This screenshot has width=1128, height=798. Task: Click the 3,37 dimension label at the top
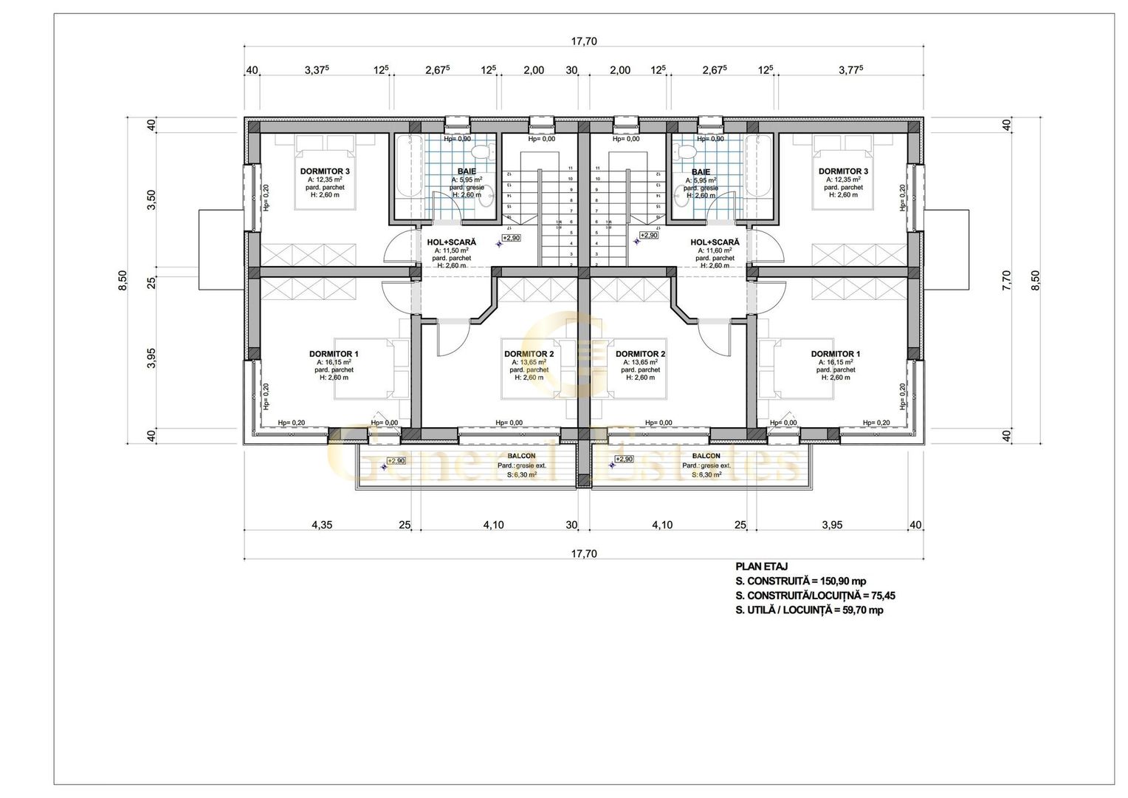click(317, 70)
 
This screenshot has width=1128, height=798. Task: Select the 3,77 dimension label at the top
click(851, 70)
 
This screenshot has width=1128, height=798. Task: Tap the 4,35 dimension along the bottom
click(321, 525)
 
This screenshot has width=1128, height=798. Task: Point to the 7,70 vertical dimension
click(1007, 280)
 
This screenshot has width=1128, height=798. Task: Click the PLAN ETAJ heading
click(761, 567)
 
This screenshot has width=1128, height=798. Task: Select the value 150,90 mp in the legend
click(842, 581)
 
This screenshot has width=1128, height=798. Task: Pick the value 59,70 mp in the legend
click(859, 610)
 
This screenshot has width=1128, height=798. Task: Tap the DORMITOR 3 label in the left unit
click(325, 171)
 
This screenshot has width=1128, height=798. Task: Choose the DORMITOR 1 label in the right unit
click(835, 354)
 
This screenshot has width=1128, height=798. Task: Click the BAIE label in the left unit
click(467, 171)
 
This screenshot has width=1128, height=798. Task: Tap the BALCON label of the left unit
click(521, 456)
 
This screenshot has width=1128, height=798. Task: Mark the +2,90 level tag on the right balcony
click(625, 460)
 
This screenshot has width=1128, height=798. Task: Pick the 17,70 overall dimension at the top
click(583, 41)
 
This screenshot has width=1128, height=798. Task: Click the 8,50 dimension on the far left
click(123, 280)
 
